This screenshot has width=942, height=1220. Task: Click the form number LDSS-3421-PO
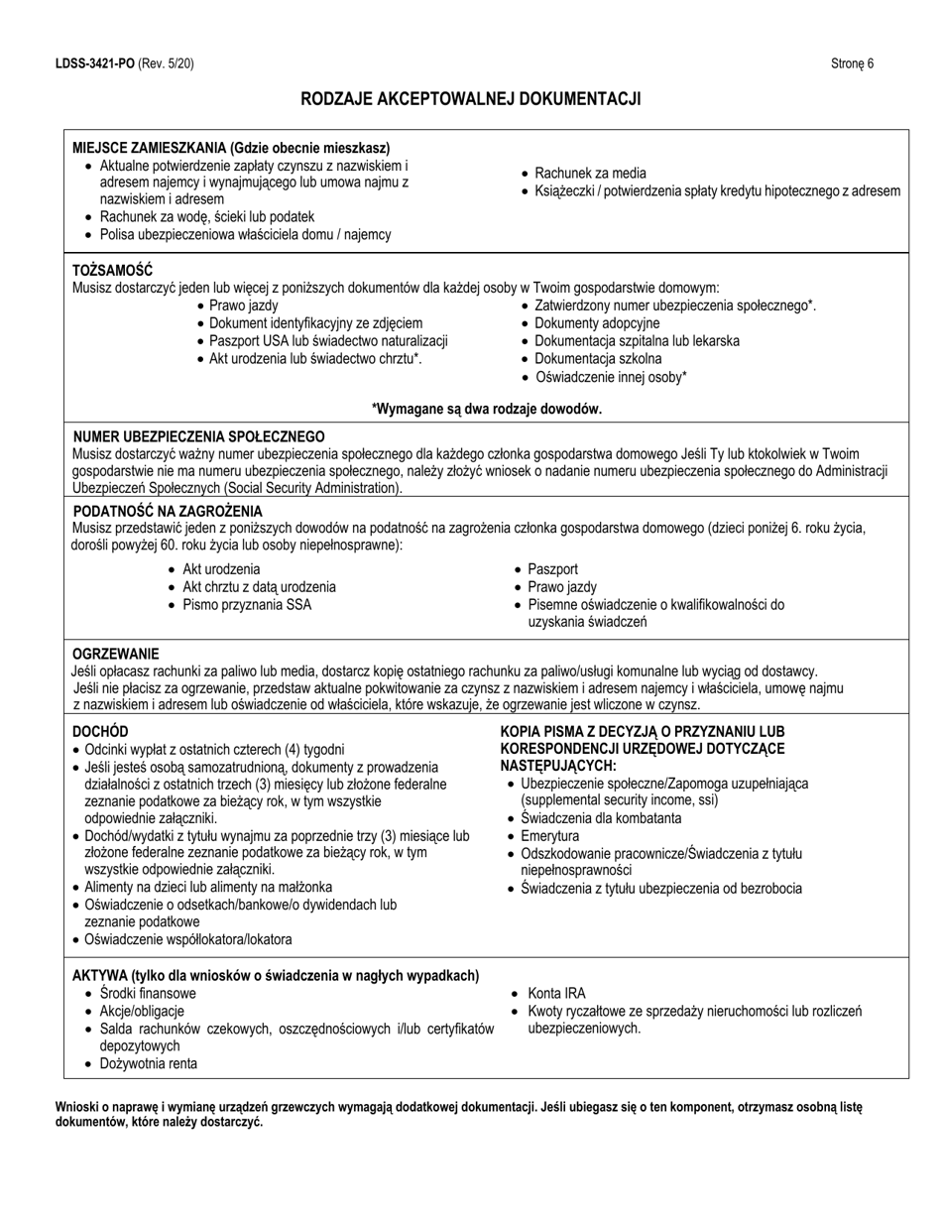(x=94, y=63)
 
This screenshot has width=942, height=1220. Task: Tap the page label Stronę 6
(x=852, y=63)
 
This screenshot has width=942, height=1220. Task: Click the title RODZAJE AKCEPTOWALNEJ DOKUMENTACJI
(x=471, y=99)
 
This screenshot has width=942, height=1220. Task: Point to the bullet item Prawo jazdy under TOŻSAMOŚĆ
(x=243, y=305)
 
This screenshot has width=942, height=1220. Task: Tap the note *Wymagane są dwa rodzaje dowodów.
(x=486, y=409)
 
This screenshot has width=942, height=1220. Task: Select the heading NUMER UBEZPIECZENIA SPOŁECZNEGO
(x=199, y=436)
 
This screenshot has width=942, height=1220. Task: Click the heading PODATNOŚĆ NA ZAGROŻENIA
(x=169, y=510)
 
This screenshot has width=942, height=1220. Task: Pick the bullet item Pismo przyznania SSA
(x=247, y=604)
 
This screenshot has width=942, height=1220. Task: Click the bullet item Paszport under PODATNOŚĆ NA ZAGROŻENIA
(x=552, y=569)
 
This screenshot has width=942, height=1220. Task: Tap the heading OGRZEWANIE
(x=116, y=655)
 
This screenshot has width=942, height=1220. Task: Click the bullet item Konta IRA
(x=556, y=993)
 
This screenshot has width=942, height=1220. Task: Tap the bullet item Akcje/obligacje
(x=142, y=1011)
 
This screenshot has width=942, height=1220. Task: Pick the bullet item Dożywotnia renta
(x=148, y=1064)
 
